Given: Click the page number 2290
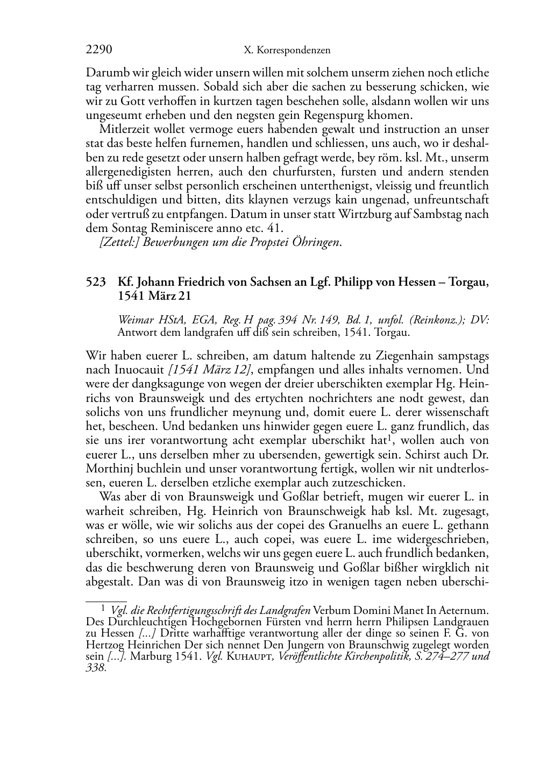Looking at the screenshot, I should tap(99, 50).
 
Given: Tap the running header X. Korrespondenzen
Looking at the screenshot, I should tap(287, 51).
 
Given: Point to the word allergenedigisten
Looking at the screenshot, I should tap(126, 172).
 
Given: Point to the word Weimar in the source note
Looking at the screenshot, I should tap(134, 320).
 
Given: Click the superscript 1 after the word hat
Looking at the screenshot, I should tap(383, 436).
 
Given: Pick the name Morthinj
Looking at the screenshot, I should tap(110, 468).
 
